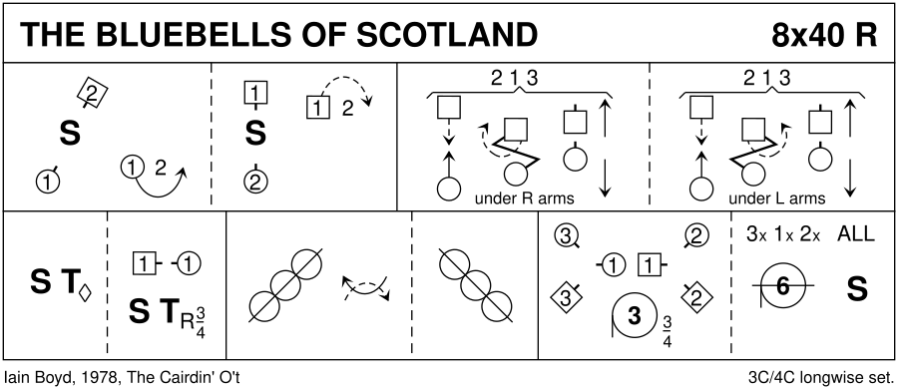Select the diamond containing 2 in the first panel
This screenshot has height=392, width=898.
94,91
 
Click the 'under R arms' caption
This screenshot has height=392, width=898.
524,198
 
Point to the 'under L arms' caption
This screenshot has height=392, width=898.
776,198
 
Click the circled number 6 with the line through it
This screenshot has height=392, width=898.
782,287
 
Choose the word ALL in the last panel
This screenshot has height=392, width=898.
856,234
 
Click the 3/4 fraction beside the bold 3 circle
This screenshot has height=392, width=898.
668,331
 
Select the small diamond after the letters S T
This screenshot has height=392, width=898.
85,293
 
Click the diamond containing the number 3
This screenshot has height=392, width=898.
565,298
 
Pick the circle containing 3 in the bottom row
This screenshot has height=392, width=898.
566,235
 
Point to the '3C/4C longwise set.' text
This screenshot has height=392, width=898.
821,378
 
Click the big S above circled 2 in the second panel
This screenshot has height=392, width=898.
255,134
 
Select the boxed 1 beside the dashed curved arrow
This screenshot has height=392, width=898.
317,108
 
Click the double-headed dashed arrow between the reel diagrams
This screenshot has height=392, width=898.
365,288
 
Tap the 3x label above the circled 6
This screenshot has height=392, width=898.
756,234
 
